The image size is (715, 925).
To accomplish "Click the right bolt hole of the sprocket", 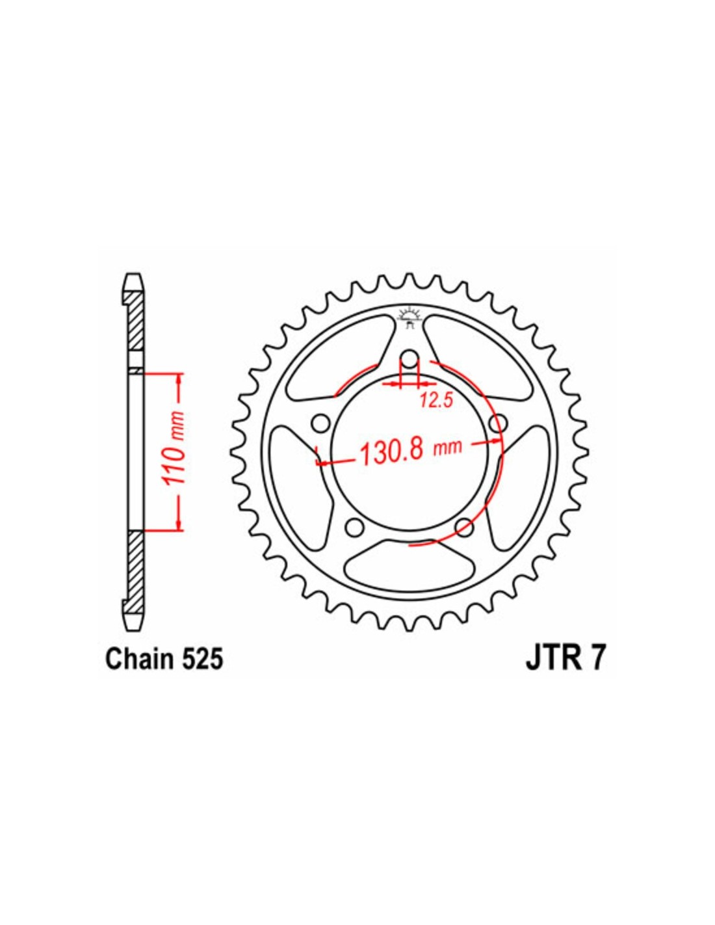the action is pos(498,423).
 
